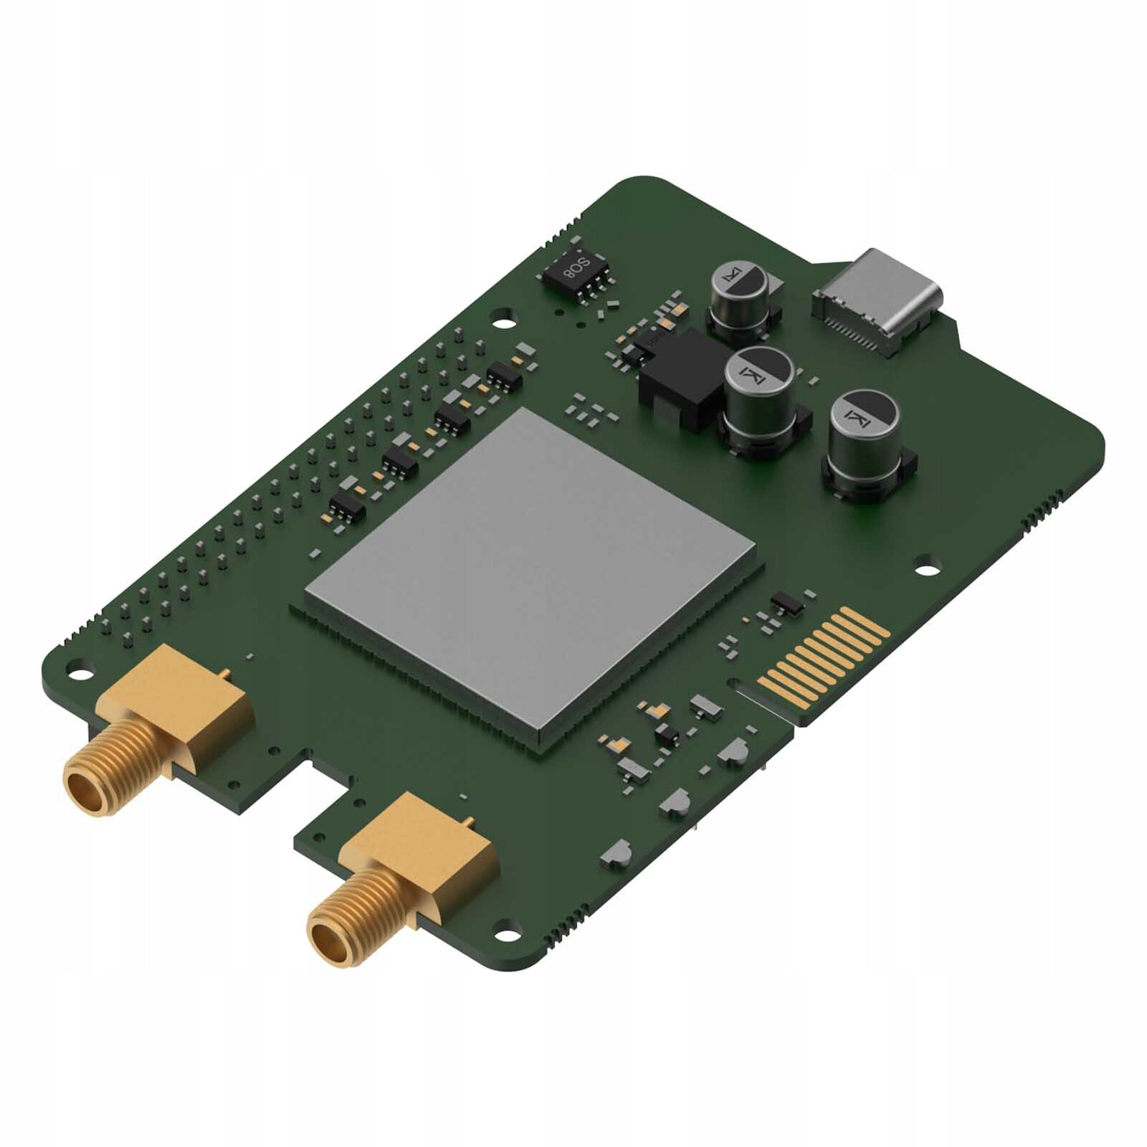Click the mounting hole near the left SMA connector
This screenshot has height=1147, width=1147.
tap(80, 673)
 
